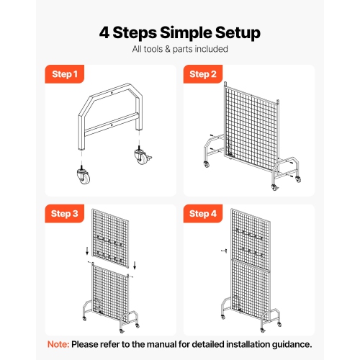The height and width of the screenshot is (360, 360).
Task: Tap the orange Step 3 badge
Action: click(x=66, y=213)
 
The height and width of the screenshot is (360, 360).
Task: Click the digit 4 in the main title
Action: click(x=104, y=32)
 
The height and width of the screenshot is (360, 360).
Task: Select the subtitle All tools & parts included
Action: click(x=180, y=50)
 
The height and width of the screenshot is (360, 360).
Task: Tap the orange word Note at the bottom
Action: click(x=59, y=344)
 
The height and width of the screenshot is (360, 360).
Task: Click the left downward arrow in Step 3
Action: click(x=87, y=253)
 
